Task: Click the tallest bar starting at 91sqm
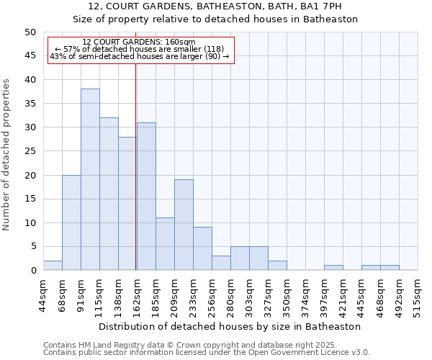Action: point(90,180)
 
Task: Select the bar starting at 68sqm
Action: point(71,222)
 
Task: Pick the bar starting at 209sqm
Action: point(184,225)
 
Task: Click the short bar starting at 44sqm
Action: point(53,266)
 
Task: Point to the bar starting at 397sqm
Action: point(333,268)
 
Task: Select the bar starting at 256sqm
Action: point(221,263)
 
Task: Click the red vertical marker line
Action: point(136,166)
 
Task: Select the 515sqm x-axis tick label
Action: point(418,294)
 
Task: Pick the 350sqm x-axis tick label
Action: point(287,294)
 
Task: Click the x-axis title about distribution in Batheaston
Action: point(230,326)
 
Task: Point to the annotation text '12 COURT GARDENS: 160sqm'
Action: point(139,42)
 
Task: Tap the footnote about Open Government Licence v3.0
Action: point(207,353)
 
